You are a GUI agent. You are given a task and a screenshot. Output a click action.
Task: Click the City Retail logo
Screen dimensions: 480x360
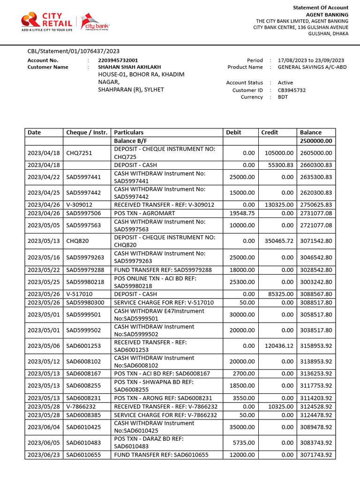pyautogui.click(x=46, y=22)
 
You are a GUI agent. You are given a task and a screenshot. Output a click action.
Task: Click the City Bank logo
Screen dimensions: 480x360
pyautogui.click(x=95, y=22)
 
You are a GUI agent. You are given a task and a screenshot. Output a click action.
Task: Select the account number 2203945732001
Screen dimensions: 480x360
pyautogui.click(x=118, y=60)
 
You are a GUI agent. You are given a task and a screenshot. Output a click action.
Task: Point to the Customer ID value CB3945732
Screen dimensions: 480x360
pyautogui.click(x=292, y=90)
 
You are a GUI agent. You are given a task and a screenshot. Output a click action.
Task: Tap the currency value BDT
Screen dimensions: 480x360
pyautogui.click(x=283, y=97)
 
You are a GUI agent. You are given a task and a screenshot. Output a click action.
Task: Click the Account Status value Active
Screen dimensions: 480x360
pyautogui.click(x=285, y=82)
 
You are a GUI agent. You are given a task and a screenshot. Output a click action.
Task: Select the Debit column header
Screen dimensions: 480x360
pyautogui.click(x=233, y=133)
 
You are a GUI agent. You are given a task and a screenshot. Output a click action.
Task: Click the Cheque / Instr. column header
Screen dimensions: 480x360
pyautogui.click(x=87, y=133)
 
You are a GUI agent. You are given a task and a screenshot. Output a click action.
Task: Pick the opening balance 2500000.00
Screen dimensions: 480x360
pyautogui.click(x=316, y=141)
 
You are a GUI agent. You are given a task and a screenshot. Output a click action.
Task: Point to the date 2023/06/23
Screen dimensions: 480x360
pyautogui.click(x=44, y=455)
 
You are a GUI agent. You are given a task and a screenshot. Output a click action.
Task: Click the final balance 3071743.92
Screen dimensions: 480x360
pyautogui.click(x=316, y=455)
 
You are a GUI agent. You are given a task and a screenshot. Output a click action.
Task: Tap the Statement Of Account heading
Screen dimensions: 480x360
pyautogui.click(x=321, y=7)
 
